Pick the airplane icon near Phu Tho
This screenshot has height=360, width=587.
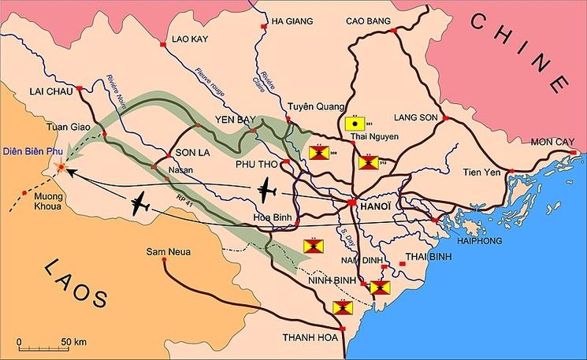tap(267, 189)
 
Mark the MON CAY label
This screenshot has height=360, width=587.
tap(549, 142)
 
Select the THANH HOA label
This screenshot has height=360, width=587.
tap(303, 337)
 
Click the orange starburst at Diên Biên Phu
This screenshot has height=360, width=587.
tap(61, 167)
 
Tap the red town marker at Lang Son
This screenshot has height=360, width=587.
tap(445, 118)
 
